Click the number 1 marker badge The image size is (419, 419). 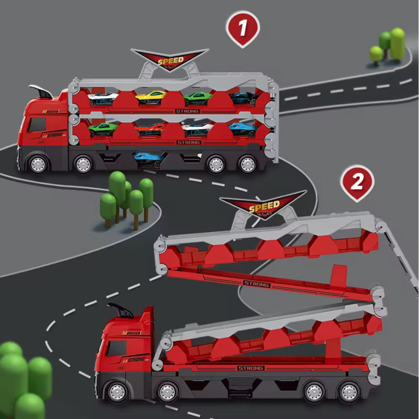click(x=243, y=28)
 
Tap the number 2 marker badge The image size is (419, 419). click(x=356, y=182)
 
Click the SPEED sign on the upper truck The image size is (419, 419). click(x=171, y=60)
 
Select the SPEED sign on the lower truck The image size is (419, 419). click(x=264, y=206)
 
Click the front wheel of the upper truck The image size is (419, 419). click(x=38, y=163)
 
